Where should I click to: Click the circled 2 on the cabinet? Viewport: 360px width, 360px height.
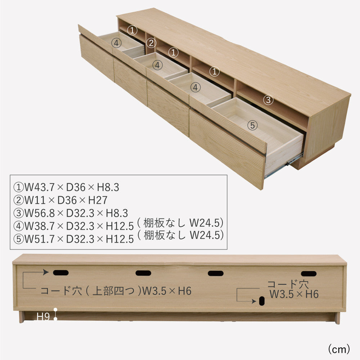[x=151, y=43]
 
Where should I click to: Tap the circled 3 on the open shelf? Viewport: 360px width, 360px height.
[x=268, y=100]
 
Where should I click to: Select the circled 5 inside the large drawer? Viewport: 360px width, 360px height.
[x=252, y=125]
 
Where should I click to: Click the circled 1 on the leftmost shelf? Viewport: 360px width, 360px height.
[x=132, y=30]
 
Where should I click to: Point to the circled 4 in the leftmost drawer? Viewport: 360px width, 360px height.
[x=116, y=43]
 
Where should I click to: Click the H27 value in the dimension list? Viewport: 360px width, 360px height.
[x=98, y=200]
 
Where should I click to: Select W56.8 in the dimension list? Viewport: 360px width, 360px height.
[x=40, y=213]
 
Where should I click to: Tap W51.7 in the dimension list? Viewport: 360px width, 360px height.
[x=40, y=239]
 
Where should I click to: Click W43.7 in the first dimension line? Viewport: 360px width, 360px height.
[x=40, y=187]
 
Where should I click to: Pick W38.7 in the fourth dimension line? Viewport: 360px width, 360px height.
[x=40, y=226]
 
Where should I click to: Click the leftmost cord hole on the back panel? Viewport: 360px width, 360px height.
[x=61, y=273]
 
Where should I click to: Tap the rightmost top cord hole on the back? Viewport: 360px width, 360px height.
[x=309, y=274]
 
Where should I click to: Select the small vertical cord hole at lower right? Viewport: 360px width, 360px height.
[x=262, y=301]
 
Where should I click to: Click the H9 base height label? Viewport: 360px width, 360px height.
[x=43, y=317]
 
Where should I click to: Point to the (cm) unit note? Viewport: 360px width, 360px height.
[x=339, y=349]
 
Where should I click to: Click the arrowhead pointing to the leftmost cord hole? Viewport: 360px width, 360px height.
[x=46, y=272]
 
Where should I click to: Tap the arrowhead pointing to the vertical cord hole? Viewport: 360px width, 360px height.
[x=254, y=301]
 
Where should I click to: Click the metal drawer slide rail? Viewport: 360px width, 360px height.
[x=284, y=165]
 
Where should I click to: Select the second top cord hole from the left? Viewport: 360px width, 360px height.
[x=143, y=273]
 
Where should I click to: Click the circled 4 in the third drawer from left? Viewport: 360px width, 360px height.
[x=195, y=87]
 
